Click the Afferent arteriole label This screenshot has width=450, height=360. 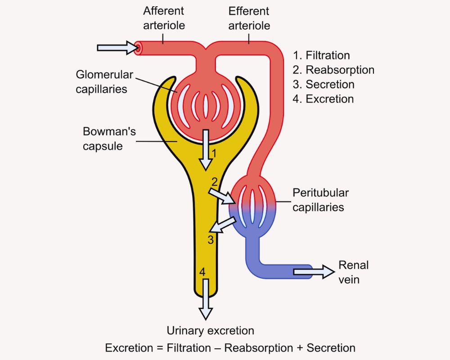point(164,18)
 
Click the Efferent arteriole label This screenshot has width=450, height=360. point(249,18)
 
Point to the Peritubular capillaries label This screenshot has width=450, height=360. point(320,200)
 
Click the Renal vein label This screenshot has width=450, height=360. point(353,272)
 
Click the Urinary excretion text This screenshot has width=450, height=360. point(210,331)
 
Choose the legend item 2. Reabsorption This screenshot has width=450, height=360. point(333,70)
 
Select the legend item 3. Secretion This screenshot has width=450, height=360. point(323,85)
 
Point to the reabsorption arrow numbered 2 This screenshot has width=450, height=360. point(221,195)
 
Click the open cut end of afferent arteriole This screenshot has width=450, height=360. point(137,48)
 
